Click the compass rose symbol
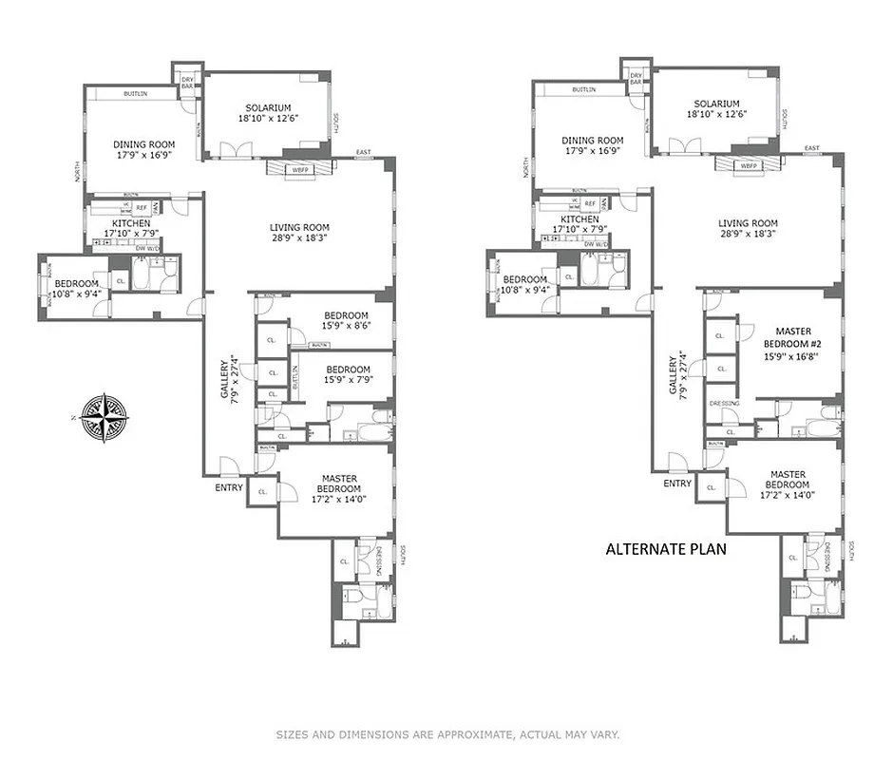(x=104, y=416)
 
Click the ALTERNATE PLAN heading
(x=667, y=548)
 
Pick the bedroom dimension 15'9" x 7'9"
(x=348, y=380)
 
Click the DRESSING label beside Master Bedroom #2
(x=724, y=404)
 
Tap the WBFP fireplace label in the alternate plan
(x=749, y=165)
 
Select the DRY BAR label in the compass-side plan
(x=187, y=82)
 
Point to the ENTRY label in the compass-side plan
(x=229, y=487)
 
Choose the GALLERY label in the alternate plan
(x=674, y=375)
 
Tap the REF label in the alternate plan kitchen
(x=589, y=204)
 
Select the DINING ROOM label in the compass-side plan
(x=144, y=144)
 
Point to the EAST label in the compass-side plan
(x=363, y=153)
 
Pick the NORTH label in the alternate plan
(x=525, y=168)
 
